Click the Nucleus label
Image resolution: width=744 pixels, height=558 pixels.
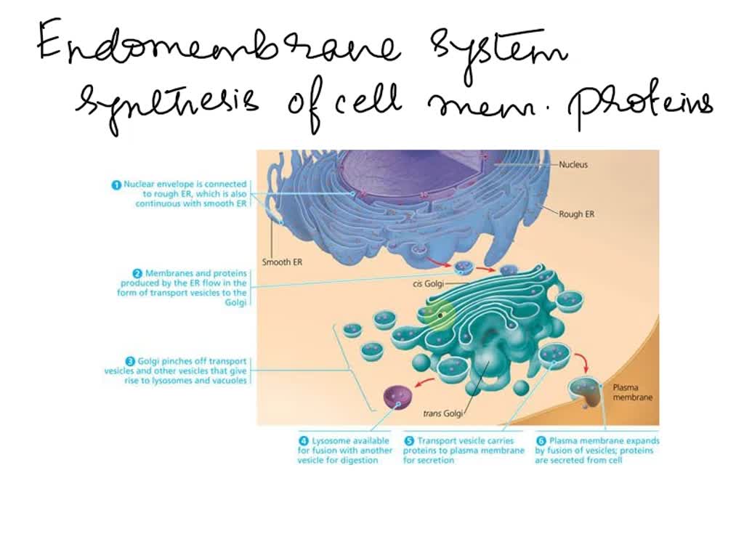(573, 164)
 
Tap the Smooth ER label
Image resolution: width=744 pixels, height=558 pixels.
(281, 262)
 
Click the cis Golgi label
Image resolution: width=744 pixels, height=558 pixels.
(428, 284)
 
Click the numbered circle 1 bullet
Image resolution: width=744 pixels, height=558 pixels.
(116, 185)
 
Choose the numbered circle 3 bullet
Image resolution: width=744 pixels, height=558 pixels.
(130, 361)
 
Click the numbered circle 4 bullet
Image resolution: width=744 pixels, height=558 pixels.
(304, 440)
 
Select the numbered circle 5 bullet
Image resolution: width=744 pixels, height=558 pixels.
(409, 440)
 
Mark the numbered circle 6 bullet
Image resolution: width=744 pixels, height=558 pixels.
(541, 440)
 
